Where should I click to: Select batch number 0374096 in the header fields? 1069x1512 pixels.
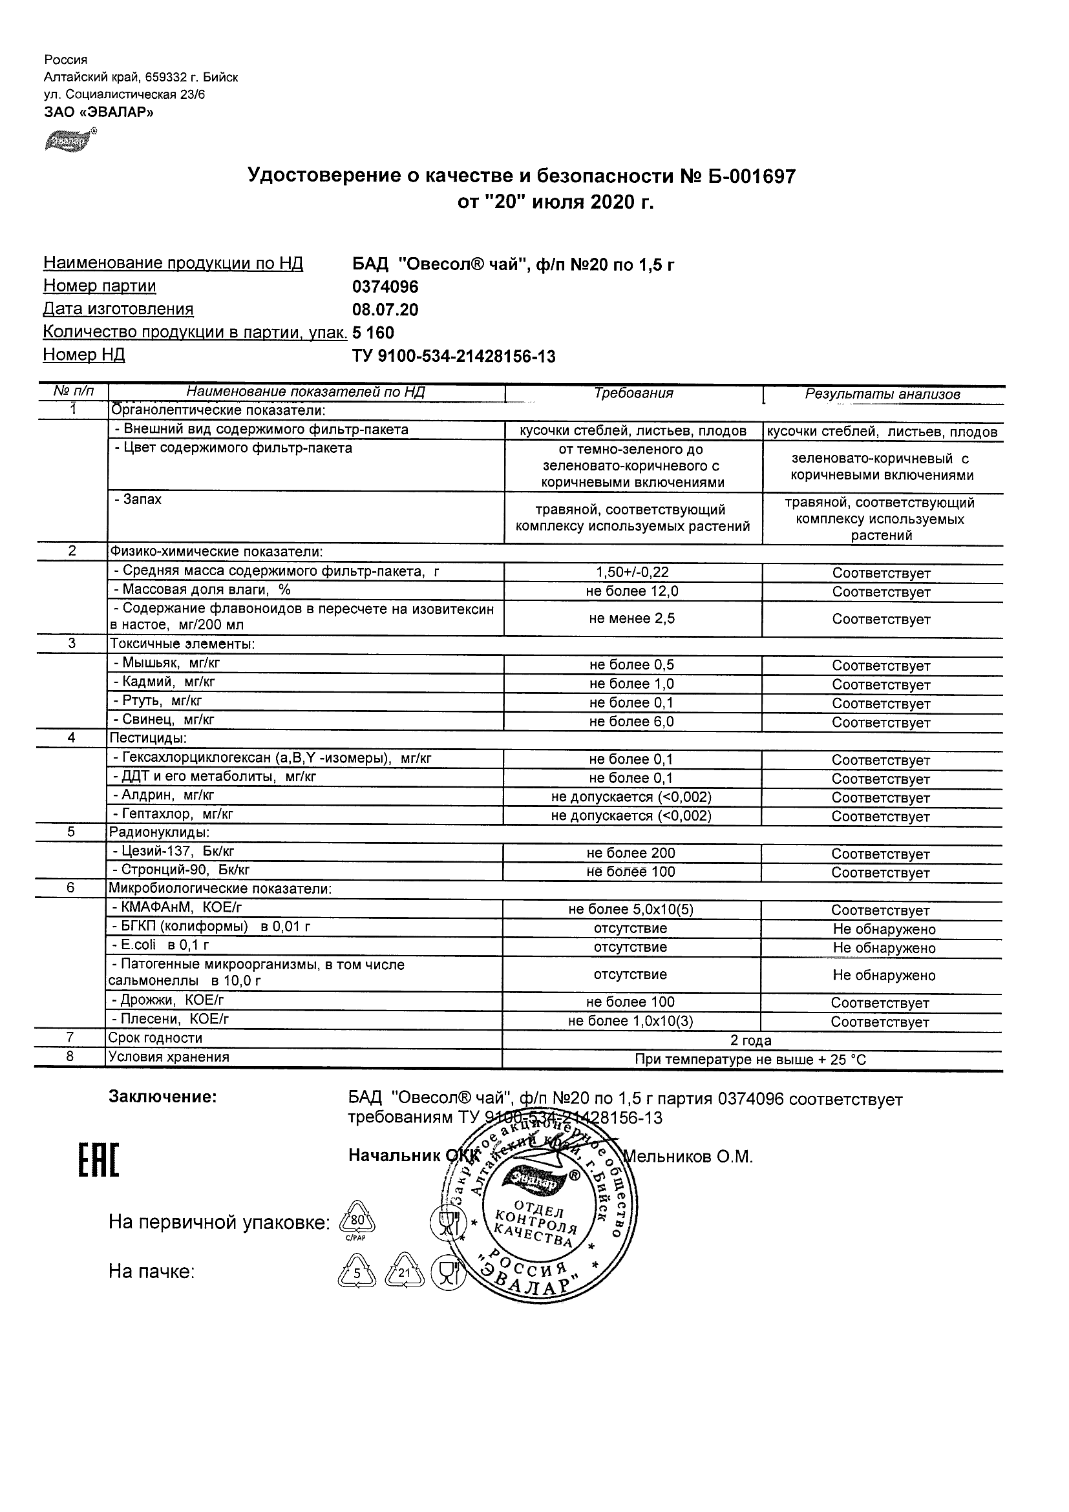pos(385,287)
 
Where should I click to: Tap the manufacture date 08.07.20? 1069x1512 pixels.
pos(385,310)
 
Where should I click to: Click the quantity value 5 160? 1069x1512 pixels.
pos(374,333)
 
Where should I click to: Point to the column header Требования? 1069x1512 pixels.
pos(633,394)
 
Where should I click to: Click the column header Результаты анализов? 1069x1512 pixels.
pos(882,394)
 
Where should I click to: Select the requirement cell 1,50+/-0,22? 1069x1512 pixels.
pos(632,572)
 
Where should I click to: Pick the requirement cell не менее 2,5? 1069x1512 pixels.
pos(632,618)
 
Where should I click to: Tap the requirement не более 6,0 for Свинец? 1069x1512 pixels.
pos(631,722)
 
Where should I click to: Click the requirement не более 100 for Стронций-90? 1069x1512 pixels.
pos(631,872)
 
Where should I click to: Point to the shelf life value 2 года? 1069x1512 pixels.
pos(751,1040)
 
